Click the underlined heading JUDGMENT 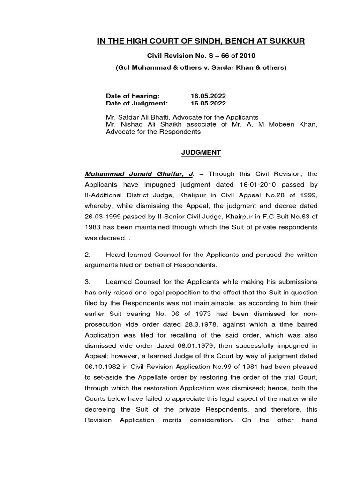(201, 153)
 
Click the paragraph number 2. (87, 255)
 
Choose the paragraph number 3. (87, 282)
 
